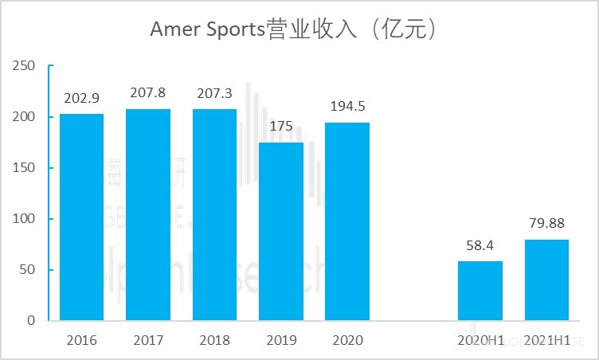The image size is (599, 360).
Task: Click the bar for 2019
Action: pyautogui.click(x=281, y=231)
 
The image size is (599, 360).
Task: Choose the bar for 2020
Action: pyautogui.click(x=347, y=221)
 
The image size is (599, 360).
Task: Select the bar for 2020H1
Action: pyautogui.click(x=480, y=291)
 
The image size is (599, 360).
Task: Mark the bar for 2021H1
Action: pyautogui.click(x=546, y=280)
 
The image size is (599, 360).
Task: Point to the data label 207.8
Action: pyautogui.click(x=147, y=93)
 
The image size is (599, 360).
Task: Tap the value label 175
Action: pyautogui.click(x=281, y=127)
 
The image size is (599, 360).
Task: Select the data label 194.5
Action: pyautogui.click(x=347, y=107)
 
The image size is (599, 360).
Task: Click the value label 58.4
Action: pyautogui.click(x=480, y=245)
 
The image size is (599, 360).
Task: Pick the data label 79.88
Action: pyautogui.click(x=546, y=224)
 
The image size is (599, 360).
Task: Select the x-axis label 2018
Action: pyautogui.click(x=214, y=340)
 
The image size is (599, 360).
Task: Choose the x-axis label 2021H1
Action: pyautogui.click(x=546, y=340)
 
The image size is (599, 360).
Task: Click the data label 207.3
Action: pyautogui.click(x=214, y=93)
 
